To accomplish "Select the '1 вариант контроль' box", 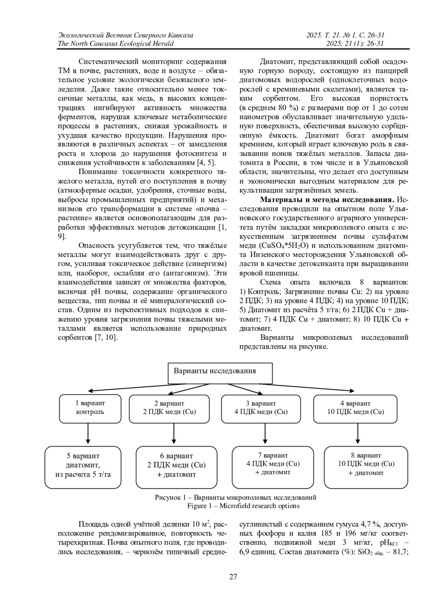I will click(x=90, y=408).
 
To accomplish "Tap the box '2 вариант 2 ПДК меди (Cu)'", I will click(x=169, y=408).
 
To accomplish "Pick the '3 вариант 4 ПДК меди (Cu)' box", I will click(x=261, y=408).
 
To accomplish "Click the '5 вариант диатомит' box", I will click(x=83, y=467).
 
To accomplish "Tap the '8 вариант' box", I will click(x=366, y=467).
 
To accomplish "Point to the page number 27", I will click(x=233, y=577).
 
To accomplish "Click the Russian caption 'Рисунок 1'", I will click(x=236, y=497).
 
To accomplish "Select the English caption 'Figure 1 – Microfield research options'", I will click(x=243, y=506).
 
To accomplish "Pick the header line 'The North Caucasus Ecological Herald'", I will click(x=115, y=44).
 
